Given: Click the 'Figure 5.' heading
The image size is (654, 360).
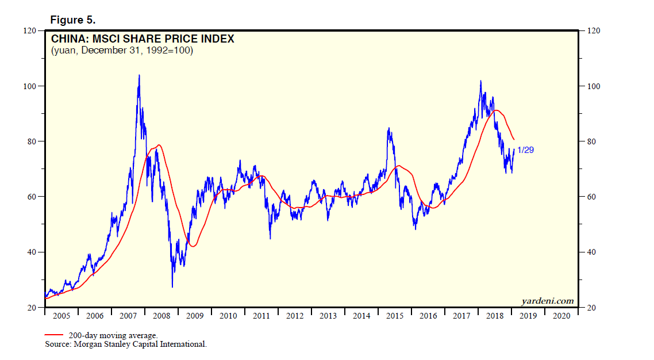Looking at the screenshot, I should click(x=72, y=20).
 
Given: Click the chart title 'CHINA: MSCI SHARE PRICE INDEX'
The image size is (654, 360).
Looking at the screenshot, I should click(x=143, y=39).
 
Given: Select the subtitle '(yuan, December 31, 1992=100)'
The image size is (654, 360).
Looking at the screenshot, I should click(x=122, y=51).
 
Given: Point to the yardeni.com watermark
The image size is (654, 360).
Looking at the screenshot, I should click(x=547, y=301).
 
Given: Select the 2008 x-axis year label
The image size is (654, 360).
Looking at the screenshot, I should click(x=161, y=316).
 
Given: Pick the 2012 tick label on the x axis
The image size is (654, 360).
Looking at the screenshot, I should click(x=295, y=316).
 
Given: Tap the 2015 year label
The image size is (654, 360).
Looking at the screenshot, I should click(x=395, y=316).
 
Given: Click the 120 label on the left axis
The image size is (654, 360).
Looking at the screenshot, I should click(x=30, y=30).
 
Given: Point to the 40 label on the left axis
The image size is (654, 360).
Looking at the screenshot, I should click(x=32, y=252).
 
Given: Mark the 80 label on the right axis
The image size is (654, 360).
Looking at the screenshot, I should click(x=589, y=141).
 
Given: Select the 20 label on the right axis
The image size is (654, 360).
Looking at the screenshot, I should click(x=589, y=308).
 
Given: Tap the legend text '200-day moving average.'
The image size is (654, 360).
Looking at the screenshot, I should click(x=113, y=335).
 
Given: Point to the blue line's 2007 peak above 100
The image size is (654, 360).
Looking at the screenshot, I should click(x=139, y=75).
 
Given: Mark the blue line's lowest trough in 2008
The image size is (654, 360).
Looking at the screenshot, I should click(x=172, y=287).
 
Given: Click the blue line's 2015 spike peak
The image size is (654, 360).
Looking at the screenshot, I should click(x=389, y=128).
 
